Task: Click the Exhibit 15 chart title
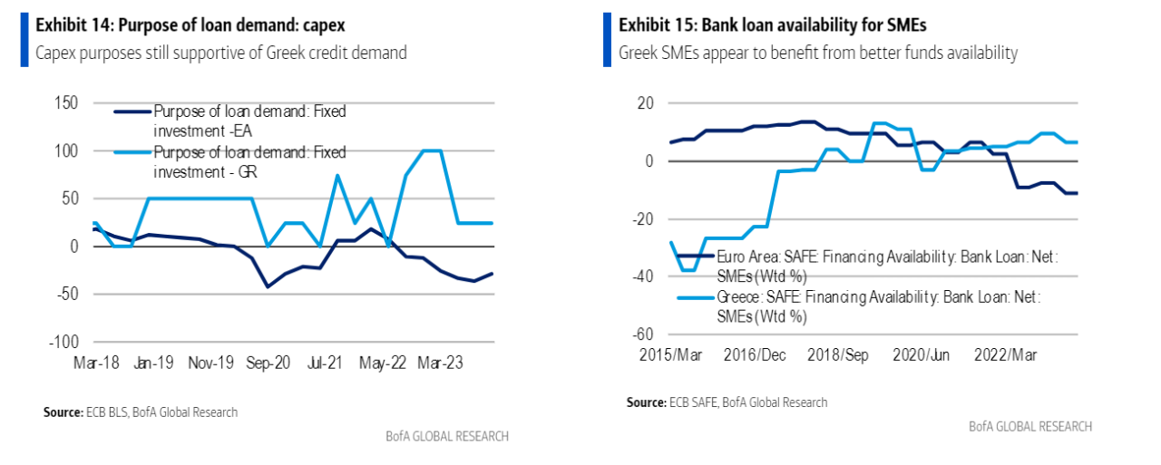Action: pos(766,25)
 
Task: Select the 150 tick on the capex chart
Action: pos(65,102)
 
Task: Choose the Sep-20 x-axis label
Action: pos(269,363)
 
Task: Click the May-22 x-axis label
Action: pos(382,363)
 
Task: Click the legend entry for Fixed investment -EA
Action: pos(249,120)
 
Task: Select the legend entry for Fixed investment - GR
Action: pos(249,160)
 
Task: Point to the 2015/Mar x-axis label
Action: pos(671,355)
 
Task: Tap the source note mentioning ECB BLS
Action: pos(140,412)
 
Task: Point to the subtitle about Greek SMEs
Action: pos(818,53)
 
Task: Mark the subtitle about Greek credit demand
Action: pos(220,53)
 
